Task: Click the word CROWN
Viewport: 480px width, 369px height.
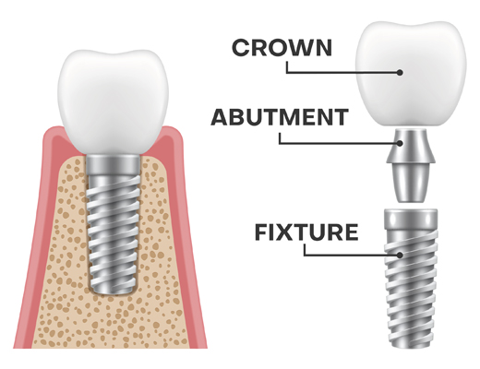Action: pos(282,48)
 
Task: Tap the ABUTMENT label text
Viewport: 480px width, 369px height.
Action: pos(280,117)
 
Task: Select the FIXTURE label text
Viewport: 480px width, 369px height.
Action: pos(306,232)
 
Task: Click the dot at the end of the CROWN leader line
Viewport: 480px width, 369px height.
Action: pos(400,73)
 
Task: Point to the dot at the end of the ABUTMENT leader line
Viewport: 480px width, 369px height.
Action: pos(400,143)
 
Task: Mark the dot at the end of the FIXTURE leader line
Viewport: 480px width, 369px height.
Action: pos(400,255)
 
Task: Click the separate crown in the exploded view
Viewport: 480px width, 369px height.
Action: pos(411,74)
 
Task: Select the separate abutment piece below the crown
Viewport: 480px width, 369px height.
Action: pos(411,165)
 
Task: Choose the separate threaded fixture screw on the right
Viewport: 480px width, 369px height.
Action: pos(411,279)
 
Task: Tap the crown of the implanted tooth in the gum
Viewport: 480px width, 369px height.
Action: pos(114,101)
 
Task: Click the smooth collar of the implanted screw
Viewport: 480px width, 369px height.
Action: pos(114,166)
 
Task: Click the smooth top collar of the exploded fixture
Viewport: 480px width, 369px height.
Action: pos(411,220)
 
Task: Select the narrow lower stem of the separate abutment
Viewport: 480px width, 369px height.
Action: pos(411,184)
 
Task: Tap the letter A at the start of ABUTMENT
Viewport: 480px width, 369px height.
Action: pos(220,117)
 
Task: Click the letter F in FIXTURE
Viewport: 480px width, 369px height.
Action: pos(261,232)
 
